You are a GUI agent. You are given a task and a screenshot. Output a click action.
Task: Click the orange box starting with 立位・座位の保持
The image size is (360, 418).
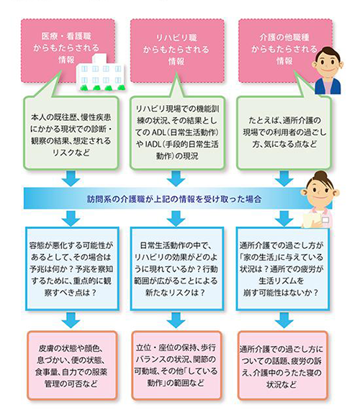tap(176, 365)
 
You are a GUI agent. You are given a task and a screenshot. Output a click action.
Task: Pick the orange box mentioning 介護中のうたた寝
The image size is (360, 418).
tap(284, 365)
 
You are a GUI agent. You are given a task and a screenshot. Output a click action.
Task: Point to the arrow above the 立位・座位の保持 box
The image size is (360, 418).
tap(176, 319)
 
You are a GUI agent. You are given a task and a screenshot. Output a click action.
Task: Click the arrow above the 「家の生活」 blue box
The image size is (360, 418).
tap(284, 216)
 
